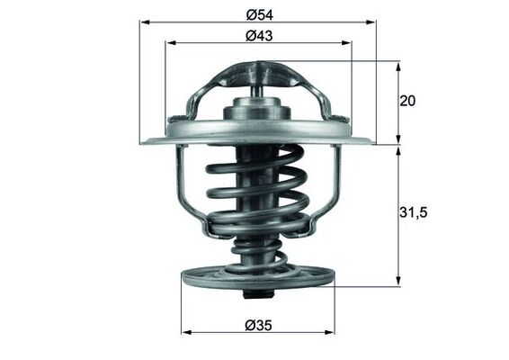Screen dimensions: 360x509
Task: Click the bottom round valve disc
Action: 257,278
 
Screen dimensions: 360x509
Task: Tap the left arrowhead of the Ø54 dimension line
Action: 144,22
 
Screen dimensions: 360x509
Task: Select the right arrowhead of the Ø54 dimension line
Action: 371,22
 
